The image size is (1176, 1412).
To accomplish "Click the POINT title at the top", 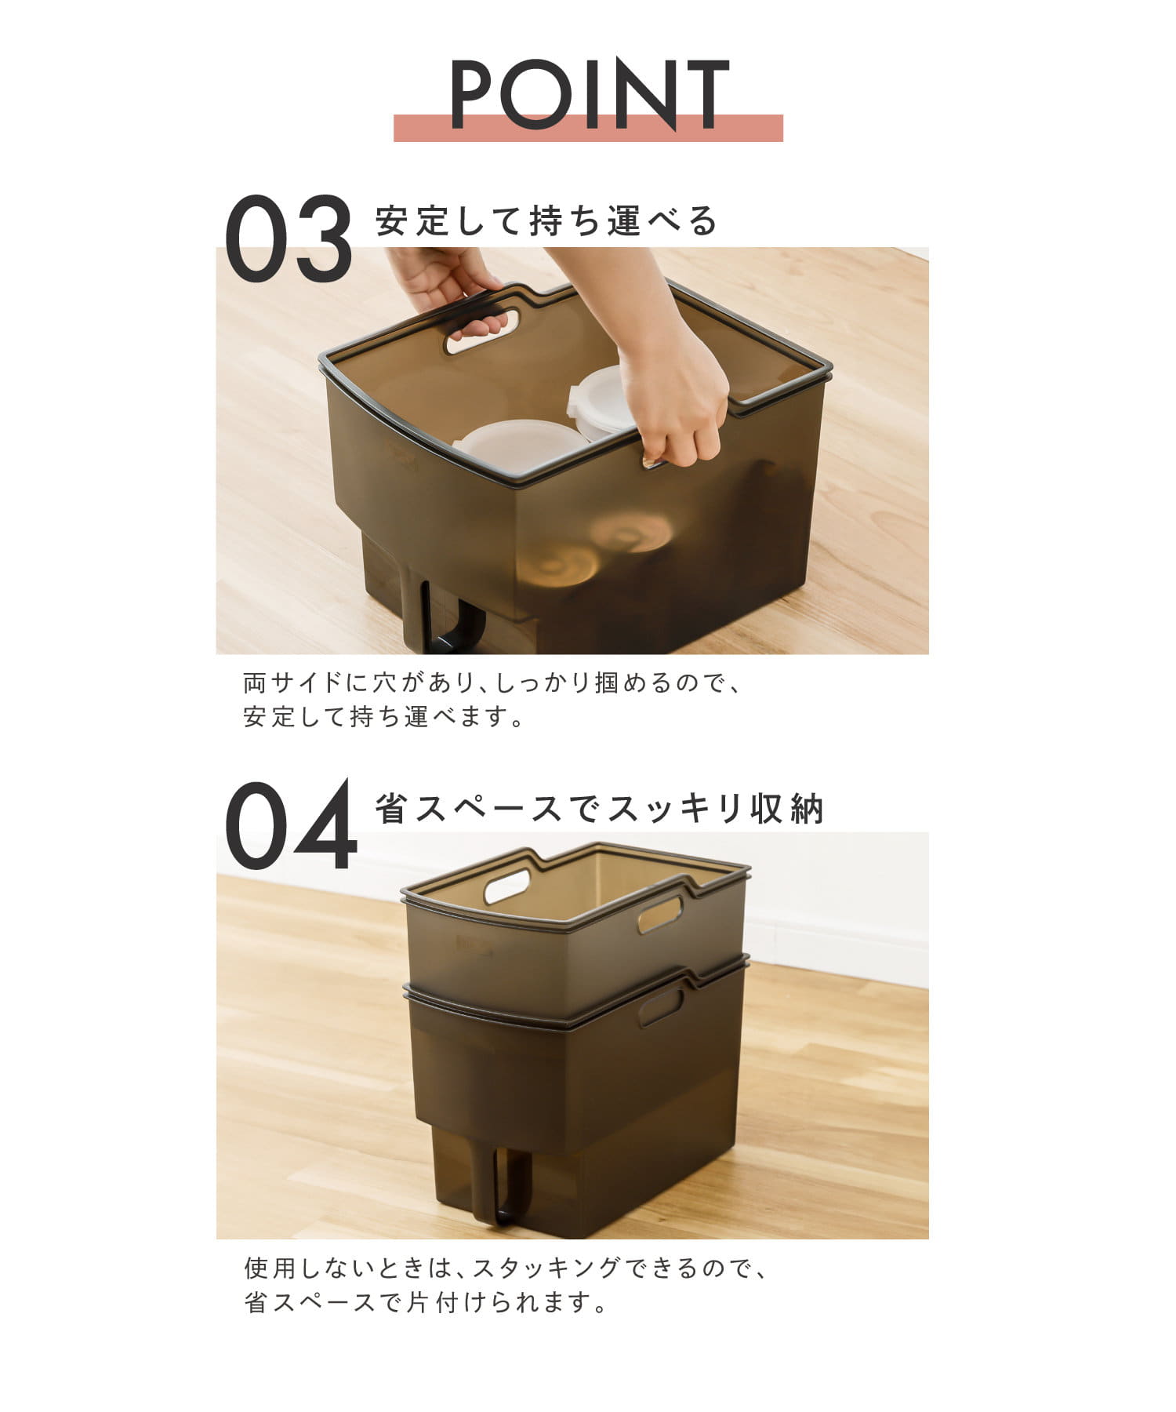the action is tap(590, 94).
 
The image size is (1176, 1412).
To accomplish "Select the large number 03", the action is tap(289, 238).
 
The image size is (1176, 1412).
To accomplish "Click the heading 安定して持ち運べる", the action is tap(546, 220).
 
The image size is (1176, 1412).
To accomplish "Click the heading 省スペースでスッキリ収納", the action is tap(600, 809).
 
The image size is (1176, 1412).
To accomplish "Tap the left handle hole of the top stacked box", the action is tap(507, 886).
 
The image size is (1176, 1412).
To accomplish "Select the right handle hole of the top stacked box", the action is tap(660, 915).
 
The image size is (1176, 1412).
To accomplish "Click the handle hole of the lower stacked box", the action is tap(660, 1007).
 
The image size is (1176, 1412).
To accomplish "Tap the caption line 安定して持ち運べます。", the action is tap(383, 716).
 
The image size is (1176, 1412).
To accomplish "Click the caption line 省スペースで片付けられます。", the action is tap(426, 1303).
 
